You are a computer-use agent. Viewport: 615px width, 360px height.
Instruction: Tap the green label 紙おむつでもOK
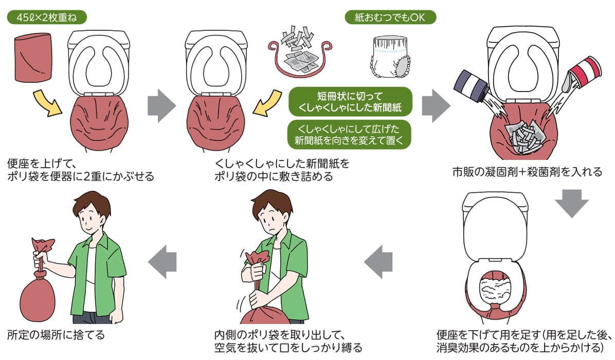coord(390,17)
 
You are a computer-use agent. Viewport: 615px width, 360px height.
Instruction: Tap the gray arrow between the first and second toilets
coord(161,105)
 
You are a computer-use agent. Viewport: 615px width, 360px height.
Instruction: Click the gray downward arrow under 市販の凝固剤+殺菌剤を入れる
coord(571,203)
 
